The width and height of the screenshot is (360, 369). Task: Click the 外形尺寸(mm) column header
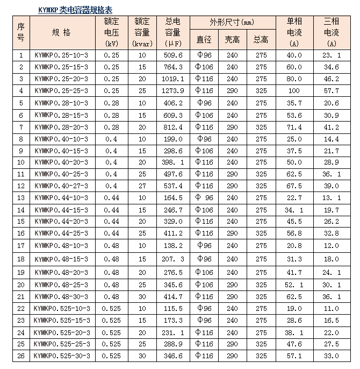tap(232, 23)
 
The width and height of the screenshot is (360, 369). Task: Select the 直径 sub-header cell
tap(204, 40)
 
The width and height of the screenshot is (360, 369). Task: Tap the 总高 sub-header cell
tap(261, 40)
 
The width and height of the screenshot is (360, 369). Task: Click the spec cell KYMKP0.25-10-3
tap(61, 55)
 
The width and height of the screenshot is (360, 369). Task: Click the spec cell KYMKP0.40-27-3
tap(61, 186)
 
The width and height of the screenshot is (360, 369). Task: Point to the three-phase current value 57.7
tap(332, 90)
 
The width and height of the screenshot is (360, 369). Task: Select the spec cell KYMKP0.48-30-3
tap(61, 296)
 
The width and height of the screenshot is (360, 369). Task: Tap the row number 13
tap(21, 197)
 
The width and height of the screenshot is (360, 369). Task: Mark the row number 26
tap(21, 356)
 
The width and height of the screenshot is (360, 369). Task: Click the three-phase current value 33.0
tap(332, 356)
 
